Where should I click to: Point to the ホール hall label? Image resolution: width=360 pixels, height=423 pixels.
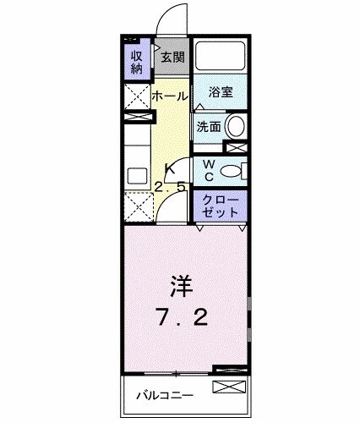169,96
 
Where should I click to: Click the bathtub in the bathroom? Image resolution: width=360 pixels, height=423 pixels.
221,58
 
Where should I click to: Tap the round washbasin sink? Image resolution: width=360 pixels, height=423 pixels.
236,128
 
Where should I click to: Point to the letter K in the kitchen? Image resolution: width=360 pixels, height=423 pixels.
169,168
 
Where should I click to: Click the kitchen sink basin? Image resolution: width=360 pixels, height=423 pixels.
137,177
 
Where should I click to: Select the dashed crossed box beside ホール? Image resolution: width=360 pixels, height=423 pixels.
136,99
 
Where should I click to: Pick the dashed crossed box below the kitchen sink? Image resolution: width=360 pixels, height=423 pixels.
136,206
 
